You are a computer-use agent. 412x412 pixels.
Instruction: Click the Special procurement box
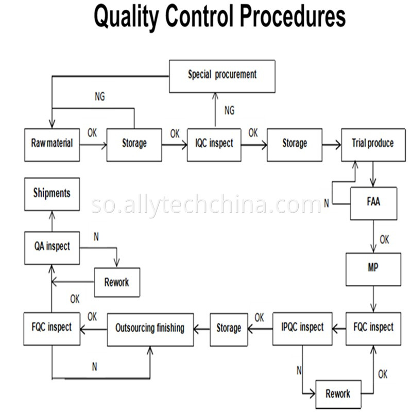point(222,76)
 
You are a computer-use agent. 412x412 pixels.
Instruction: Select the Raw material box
point(51,144)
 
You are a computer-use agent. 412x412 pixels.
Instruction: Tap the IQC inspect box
point(214,144)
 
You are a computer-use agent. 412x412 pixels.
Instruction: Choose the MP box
point(373,269)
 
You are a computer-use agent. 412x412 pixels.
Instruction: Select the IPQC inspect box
point(302,328)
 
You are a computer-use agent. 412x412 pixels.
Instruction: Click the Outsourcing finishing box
point(150,329)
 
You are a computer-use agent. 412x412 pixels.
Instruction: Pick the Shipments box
point(51,194)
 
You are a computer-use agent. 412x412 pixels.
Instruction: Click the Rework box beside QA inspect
point(116,282)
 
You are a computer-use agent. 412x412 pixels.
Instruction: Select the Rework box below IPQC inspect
point(338,394)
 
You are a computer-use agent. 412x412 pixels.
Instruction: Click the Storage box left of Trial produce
point(294,144)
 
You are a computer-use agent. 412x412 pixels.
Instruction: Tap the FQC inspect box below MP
point(373,328)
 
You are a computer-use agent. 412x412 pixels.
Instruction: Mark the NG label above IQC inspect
point(229,110)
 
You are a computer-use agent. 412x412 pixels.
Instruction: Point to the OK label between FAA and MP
point(384,239)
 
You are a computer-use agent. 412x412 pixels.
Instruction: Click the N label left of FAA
point(326,203)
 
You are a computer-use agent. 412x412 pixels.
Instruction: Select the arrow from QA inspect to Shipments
point(51,220)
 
